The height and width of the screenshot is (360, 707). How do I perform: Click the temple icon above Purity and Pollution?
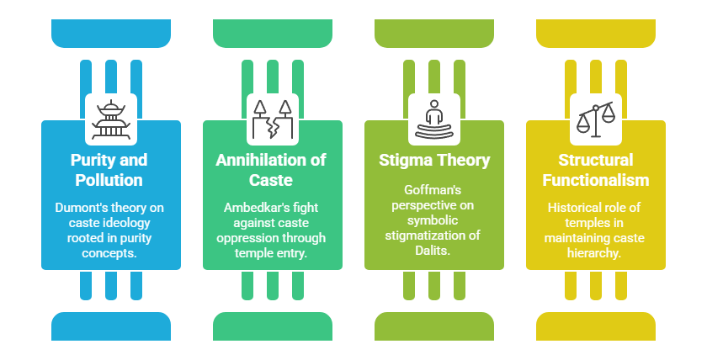pyautogui.click(x=111, y=119)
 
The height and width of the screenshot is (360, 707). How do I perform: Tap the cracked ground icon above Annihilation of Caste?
pyautogui.click(x=273, y=119)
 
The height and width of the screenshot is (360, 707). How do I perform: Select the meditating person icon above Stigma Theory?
pyautogui.click(x=434, y=119)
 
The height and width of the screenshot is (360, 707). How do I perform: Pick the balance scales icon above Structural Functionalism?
pyautogui.click(x=596, y=119)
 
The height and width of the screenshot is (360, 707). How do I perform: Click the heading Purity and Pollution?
pyautogui.click(x=111, y=169)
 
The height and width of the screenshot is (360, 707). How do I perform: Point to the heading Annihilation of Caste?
pyautogui.click(x=273, y=169)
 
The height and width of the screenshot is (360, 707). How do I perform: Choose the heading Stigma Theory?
pyautogui.click(x=434, y=160)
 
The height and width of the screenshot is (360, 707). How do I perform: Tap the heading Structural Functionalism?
pyautogui.click(x=596, y=169)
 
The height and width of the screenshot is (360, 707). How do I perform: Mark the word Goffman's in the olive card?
pyautogui.click(x=434, y=192)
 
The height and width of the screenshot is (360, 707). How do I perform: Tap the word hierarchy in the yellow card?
pyautogui.click(x=596, y=252)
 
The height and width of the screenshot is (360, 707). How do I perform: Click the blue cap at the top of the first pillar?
pyautogui.click(x=111, y=32)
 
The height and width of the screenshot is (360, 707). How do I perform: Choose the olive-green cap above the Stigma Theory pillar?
pyautogui.click(x=434, y=32)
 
